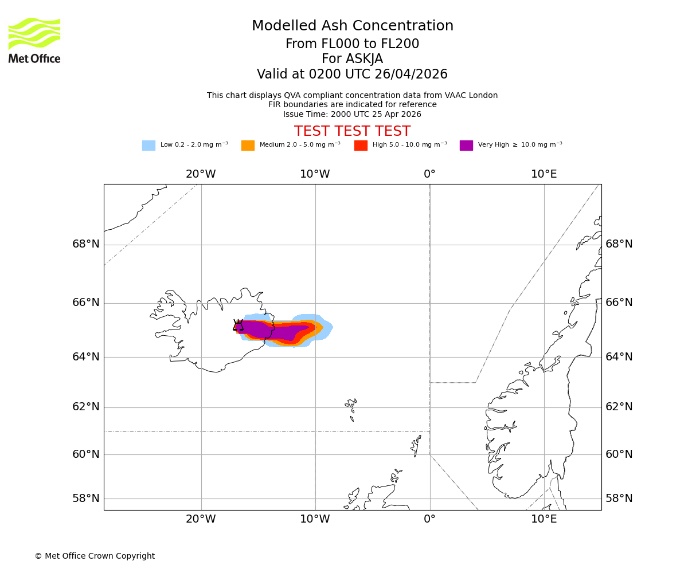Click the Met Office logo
click(x=34, y=40)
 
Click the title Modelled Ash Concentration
click(x=352, y=26)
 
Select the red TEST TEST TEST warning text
click(x=352, y=132)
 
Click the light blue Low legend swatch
click(x=148, y=146)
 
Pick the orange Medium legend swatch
click(x=248, y=146)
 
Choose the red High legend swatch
click(x=361, y=146)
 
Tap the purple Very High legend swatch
click(x=466, y=146)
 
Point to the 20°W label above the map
click(x=201, y=174)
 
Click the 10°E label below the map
click(x=544, y=519)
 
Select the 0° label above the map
click(x=429, y=174)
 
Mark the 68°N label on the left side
click(x=86, y=245)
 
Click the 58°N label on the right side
click(x=619, y=499)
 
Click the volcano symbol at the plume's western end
click(x=238, y=325)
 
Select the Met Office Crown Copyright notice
click(x=95, y=556)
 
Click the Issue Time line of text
click(x=352, y=114)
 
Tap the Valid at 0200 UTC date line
click(x=352, y=74)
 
